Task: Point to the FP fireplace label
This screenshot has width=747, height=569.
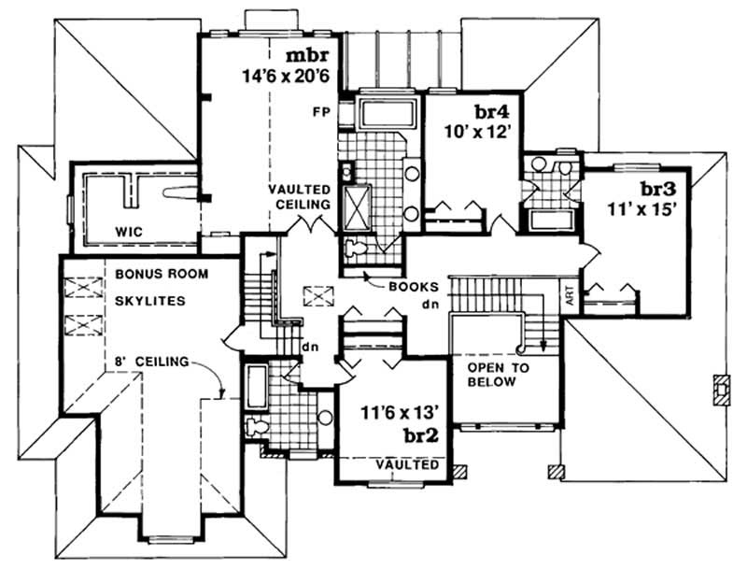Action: click(319, 110)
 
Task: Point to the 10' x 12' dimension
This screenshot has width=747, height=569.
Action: click(479, 132)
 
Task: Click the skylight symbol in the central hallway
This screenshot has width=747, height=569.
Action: click(320, 296)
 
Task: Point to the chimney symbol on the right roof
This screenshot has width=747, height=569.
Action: click(719, 389)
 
